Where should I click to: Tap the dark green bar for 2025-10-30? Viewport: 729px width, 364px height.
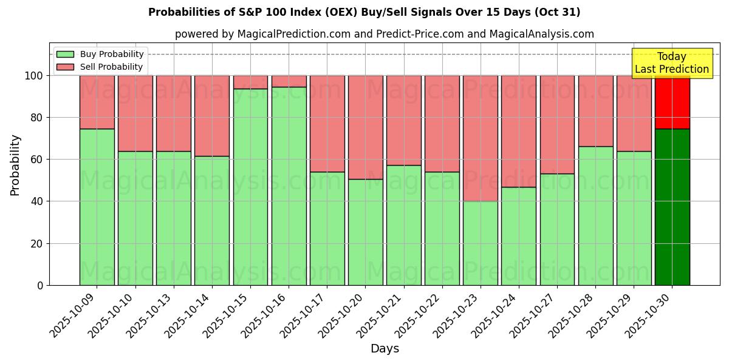(673, 207)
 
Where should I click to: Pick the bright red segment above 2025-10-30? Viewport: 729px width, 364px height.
(673, 102)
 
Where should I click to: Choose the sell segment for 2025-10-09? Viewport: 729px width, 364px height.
(97, 102)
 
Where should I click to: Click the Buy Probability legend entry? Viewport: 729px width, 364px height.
(100, 54)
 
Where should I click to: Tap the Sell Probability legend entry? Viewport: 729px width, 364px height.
(100, 67)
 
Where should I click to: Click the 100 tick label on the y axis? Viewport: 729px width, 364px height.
(33, 76)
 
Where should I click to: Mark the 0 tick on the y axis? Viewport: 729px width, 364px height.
(40, 285)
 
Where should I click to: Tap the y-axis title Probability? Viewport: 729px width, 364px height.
(15, 164)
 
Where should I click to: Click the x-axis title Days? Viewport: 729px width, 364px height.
(385, 349)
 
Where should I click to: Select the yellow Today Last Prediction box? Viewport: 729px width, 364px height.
(672, 63)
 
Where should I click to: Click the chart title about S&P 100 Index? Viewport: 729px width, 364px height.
(364, 12)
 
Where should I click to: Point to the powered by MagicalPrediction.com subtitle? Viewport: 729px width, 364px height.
(384, 34)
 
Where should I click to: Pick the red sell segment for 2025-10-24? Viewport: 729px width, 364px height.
(519, 131)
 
